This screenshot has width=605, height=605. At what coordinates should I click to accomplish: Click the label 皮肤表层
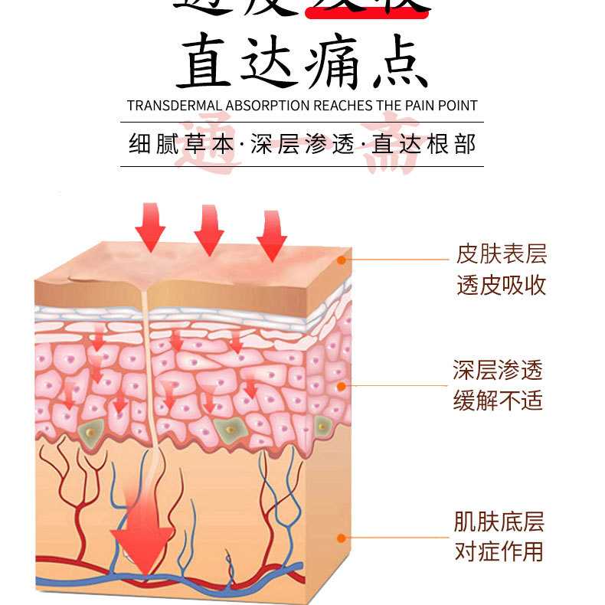tap(502, 254)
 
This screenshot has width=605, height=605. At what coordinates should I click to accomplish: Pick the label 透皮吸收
tap(502, 285)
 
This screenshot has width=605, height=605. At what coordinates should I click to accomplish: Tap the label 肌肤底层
tap(499, 523)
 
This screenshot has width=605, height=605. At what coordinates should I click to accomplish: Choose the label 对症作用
tap(499, 551)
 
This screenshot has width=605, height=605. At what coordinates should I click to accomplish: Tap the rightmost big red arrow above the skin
tap(271, 233)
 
